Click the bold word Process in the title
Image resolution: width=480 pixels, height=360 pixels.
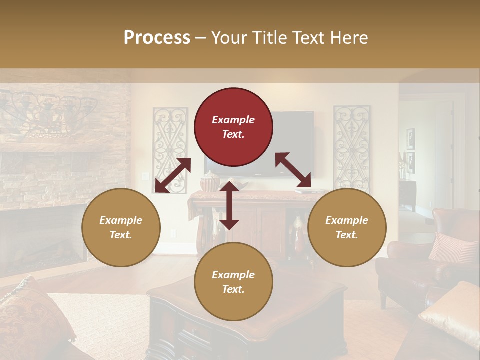[157, 37]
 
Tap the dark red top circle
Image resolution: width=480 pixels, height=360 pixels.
[233, 127]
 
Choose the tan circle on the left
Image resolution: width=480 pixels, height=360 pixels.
[121, 227]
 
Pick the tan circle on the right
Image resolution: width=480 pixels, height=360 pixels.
[347, 227]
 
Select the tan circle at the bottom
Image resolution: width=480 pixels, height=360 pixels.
[233, 282]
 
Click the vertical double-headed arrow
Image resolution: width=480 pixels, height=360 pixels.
[229, 205]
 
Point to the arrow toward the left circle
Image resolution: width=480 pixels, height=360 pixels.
[173, 175]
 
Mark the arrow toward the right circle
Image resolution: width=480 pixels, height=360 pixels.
[293, 170]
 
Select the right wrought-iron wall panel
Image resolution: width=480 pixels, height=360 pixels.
[352, 147]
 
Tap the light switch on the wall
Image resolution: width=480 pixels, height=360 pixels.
[145, 176]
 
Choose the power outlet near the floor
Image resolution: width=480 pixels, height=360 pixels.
[173, 233]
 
